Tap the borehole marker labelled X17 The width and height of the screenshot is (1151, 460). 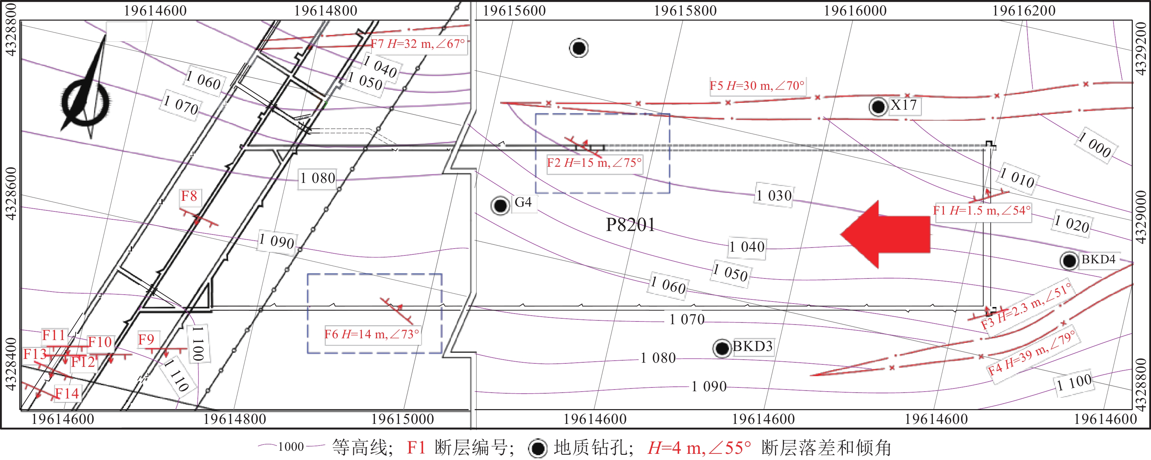(x=878, y=107)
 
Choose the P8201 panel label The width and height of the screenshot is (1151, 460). (x=630, y=224)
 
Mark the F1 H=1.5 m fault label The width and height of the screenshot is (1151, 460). (x=982, y=210)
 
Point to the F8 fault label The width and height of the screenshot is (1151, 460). (x=189, y=196)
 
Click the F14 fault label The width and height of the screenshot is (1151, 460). (x=67, y=393)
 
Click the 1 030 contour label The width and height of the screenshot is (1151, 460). (x=774, y=195)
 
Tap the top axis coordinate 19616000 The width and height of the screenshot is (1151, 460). (x=855, y=11)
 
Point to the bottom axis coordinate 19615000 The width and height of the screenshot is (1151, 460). (x=402, y=419)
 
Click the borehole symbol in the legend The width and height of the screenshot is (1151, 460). (x=538, y=448)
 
